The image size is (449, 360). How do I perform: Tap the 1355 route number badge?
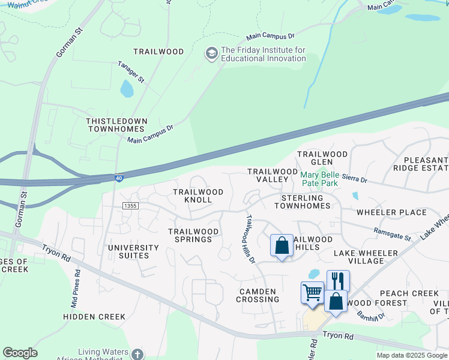pyautogui.click(x=130, y=206)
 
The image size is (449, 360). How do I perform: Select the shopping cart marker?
pyautogui.click(x=312, y=292)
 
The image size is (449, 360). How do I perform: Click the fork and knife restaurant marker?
pyautogui.click(x=338, y=280)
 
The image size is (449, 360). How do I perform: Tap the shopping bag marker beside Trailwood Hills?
pyautogui.click(x=282, y=245)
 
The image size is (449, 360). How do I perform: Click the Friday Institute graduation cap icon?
pyautogui.click(x=211, y=54)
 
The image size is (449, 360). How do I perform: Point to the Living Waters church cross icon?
pyautogui.click(x=137, y=354)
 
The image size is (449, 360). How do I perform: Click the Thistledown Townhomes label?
pyautogui.click(x=116, y=125)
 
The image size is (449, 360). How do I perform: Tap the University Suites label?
pyautogui.click(x=133, y=251)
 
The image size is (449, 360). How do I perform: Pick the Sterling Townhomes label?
pyautogui.click(x=303, y=202)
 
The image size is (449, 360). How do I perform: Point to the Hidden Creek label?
pyautogui.click(x=94, y=316)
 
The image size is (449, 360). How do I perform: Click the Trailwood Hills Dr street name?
pyautogui.click(x=250, y=239)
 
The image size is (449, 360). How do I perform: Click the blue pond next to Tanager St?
pyautogui.click(x=127, y=89)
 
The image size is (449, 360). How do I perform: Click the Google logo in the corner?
pyautogui.click(x=20, y=353)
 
